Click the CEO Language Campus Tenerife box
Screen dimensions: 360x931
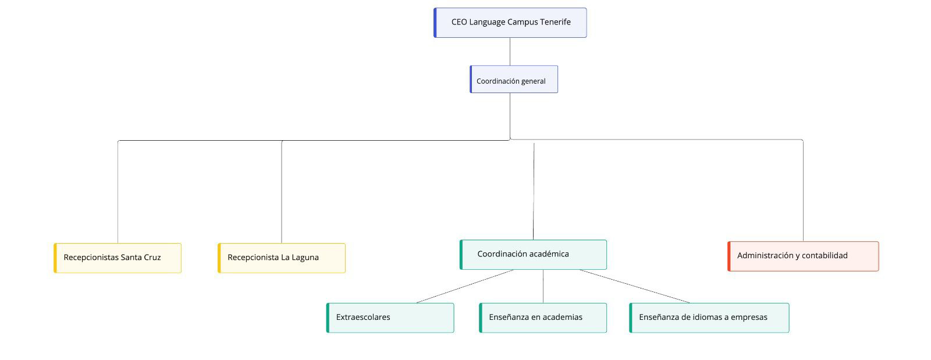(x=510, y=23)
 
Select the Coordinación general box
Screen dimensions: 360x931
(x=514, y=80)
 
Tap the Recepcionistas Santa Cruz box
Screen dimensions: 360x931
(x=118, y=258)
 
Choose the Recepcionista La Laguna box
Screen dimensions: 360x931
(x=282, y=258)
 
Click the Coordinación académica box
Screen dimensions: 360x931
(x=533, y=255)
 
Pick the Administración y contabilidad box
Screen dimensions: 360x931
(x=803, y=256)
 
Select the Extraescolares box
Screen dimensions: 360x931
(x=390, y=318)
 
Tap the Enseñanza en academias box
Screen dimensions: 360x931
(x=543, y=318)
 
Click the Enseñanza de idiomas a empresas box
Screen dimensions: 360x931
(x=709, y=318)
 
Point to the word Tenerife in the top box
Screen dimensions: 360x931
(x=555, y=22)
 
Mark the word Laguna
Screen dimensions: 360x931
(x=305, y=258)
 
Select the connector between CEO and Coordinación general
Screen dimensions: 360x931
(x=510, y=51)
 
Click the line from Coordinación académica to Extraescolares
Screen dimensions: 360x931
(x=465, y=286)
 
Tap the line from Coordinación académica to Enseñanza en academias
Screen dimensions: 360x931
(x=543, y=286)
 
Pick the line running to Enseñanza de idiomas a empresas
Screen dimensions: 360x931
(x=634, y=286)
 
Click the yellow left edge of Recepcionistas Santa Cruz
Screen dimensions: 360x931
(x=55, y=258)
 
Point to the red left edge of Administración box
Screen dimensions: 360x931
(x=729, y=256)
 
